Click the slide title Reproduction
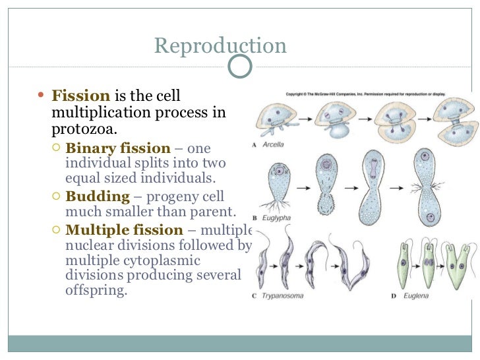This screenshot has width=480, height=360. coord(220,45)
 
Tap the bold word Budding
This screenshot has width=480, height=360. coord(98,196)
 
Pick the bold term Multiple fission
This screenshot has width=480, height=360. coord(124,230)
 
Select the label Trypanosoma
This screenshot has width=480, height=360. coord(282,296)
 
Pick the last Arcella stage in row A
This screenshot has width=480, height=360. coord(451,121)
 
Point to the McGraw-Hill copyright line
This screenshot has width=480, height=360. coord(365,94)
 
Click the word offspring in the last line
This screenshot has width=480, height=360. coord(95,289)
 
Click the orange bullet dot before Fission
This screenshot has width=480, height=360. coord(42,95)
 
